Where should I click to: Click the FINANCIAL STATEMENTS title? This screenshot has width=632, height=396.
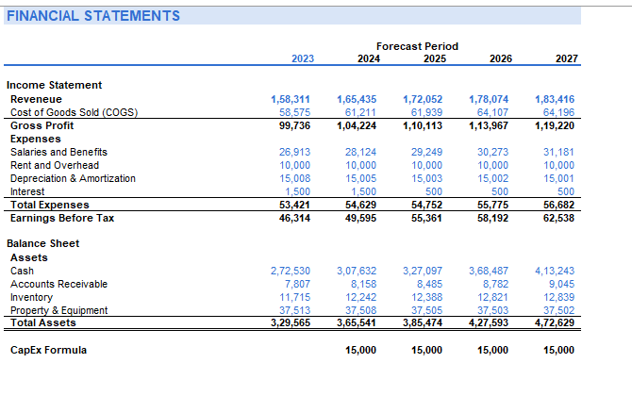[92, 16]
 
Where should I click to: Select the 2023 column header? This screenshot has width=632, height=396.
[303, 58]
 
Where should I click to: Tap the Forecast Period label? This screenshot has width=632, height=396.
[417, 45]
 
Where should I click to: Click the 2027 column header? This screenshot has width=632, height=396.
[567, 58]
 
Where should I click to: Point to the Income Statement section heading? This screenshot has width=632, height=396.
[56, 85]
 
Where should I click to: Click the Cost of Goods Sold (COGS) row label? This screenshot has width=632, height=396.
[74, 112]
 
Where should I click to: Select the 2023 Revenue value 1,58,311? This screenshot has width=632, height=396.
[291, 99]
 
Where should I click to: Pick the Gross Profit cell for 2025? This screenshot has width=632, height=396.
[423, 125]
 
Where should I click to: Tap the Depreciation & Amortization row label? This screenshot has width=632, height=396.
[73, 178]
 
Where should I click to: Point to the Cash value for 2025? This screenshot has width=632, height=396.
[423, 271]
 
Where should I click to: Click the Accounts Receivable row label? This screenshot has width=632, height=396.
[58, 284]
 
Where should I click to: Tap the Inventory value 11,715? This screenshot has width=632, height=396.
[297, 297]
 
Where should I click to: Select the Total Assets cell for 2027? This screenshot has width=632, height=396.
[555, 323]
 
